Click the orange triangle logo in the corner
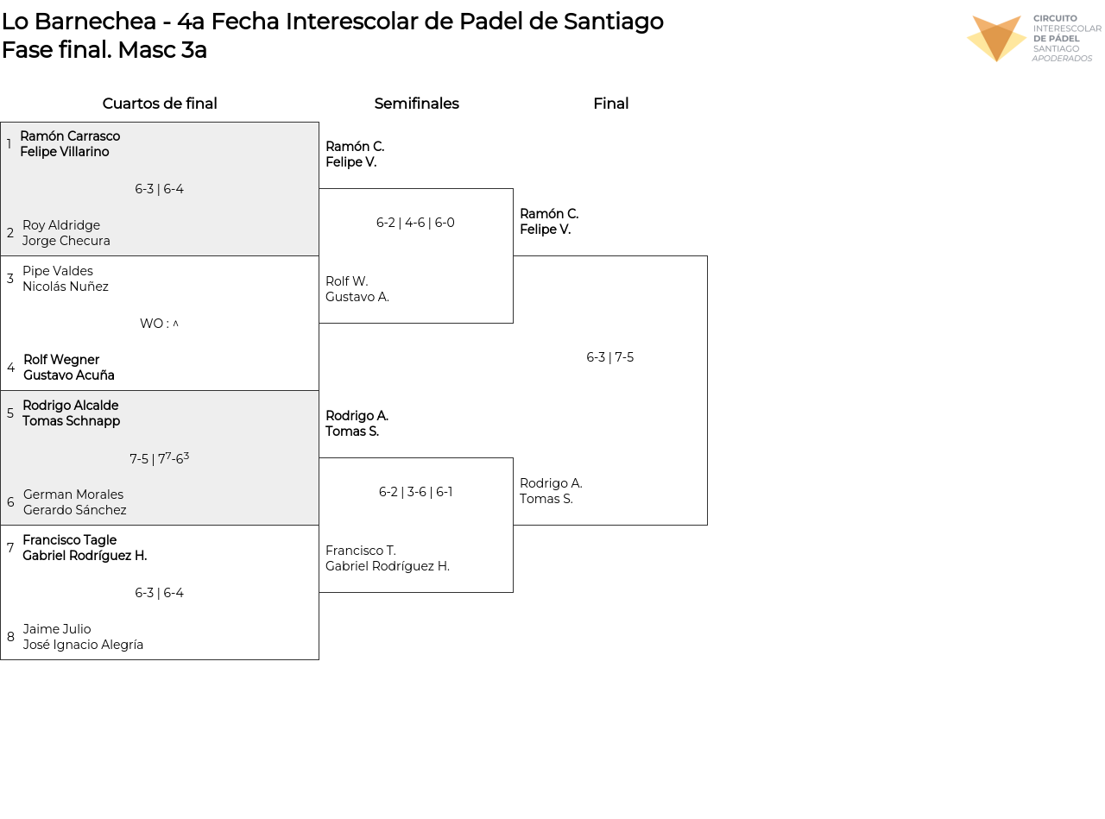(996, 38)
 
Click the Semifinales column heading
(416, 103)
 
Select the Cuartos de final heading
(160, 103)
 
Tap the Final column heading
(610, 103)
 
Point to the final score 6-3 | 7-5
(609, 356)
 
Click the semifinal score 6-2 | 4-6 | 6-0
(415, 222)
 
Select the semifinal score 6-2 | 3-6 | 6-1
(415, 492)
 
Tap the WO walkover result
(159, 324)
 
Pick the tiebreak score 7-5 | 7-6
(159, 457)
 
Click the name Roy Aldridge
(61, 224)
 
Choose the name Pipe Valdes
(58, 270)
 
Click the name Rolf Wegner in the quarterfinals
(61, 359)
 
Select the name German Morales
(73, 494)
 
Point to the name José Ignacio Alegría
(83, 644)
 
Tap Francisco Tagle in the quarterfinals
(70, 539)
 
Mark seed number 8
(10, 636)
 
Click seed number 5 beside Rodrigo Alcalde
(10, 413)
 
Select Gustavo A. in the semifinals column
(357, 296)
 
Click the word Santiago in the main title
(613, 22)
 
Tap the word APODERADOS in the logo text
(1062, 59)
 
